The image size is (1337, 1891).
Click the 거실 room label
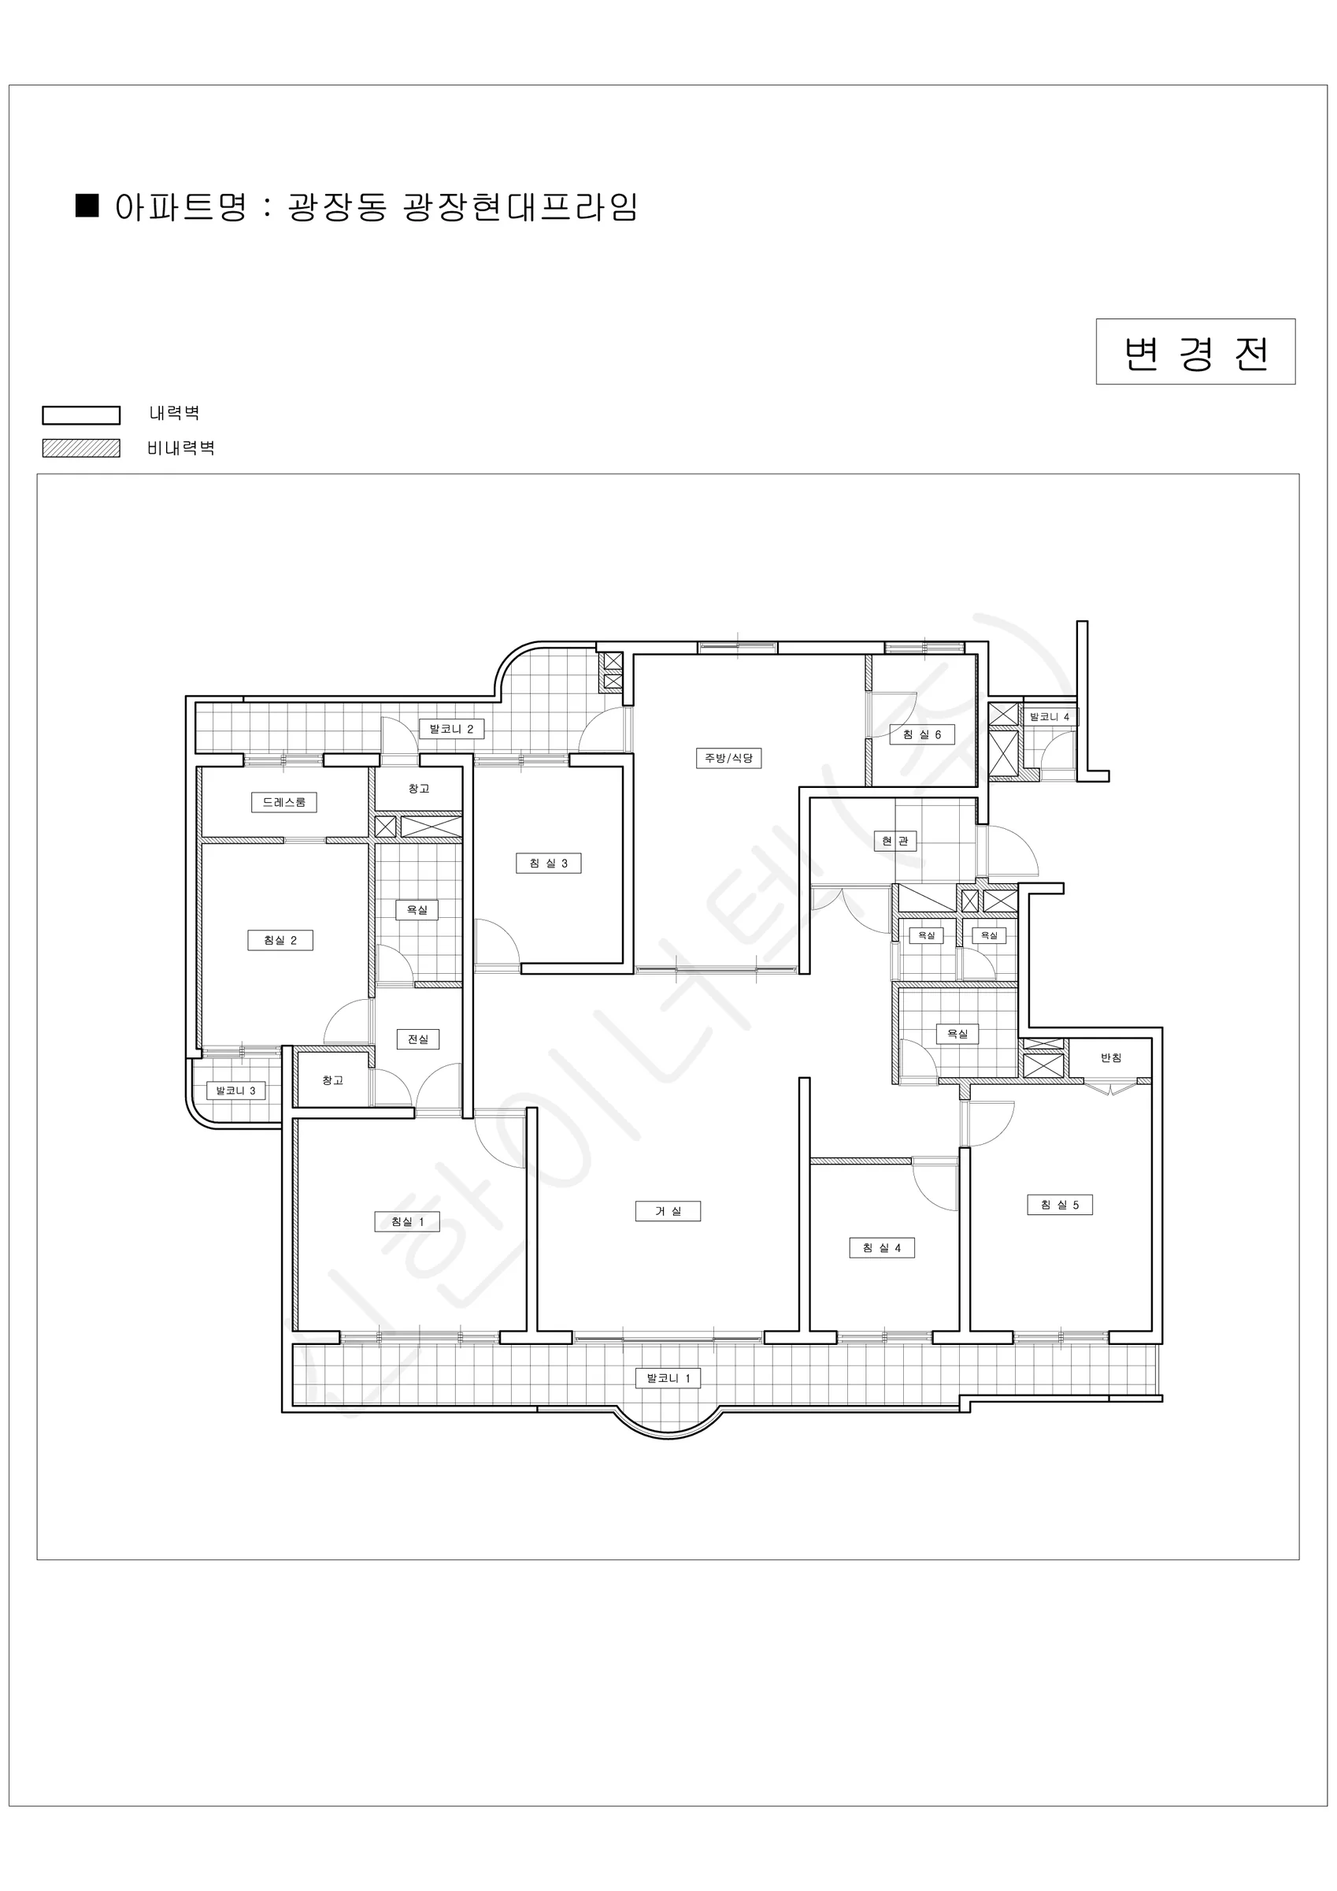click(668, 1211)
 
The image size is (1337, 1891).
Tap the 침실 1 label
click(407, 1221)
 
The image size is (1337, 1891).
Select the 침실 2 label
click(280, 940)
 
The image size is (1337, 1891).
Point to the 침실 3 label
click(548, 863)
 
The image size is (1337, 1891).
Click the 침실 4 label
click(882, 1248)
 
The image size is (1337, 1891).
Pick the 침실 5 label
click(1060, 1205)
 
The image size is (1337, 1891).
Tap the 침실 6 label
click(922, 734)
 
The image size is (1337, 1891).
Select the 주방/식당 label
click(728, 758)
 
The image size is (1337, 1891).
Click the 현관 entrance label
click(895, 841)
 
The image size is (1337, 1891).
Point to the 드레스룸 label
click(284, 802)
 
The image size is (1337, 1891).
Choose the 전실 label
click(418, 1039)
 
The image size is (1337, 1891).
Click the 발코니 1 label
click(668, 1378)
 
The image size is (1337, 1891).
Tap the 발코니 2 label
click(451, 729)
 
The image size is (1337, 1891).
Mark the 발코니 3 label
click(235, 1090)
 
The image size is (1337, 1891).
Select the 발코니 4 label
click(1050, 717)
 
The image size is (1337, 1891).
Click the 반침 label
click(1112, 1057)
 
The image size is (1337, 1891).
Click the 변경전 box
click(1195, 351)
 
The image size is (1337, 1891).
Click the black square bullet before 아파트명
click(87, 205)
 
